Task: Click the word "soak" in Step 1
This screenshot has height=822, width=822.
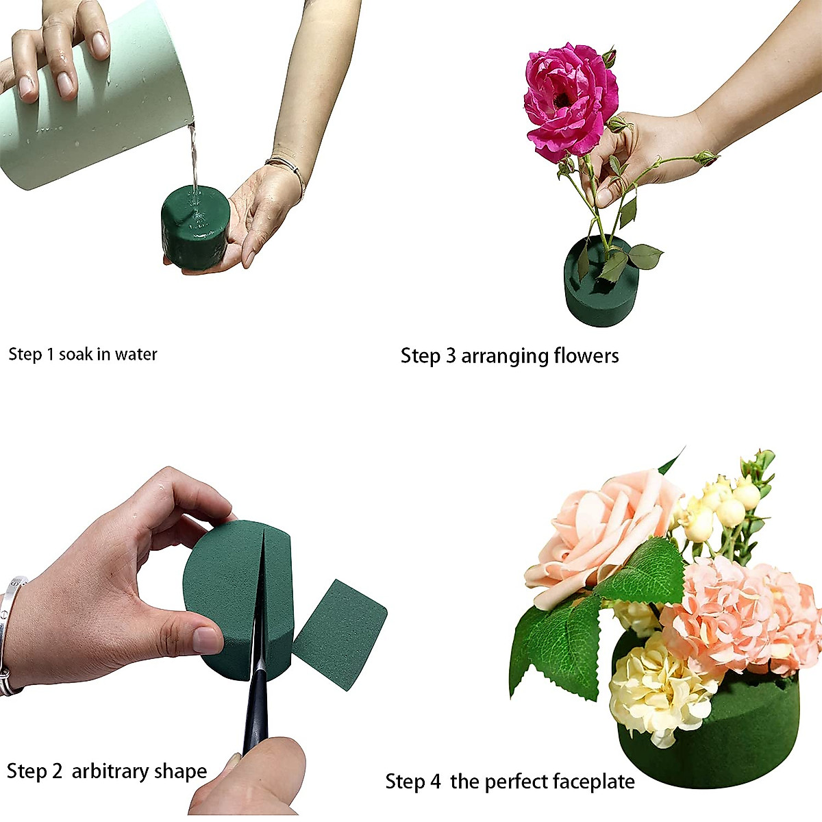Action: coord(75,354)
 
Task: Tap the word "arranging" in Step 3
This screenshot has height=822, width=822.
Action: coord(505,356)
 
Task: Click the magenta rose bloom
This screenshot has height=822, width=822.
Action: coord(569,99)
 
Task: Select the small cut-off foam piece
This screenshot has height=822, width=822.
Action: coord(340,634)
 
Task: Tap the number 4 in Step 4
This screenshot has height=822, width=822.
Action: coord(436,782)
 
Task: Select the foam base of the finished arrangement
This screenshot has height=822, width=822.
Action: coord(726,740)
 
